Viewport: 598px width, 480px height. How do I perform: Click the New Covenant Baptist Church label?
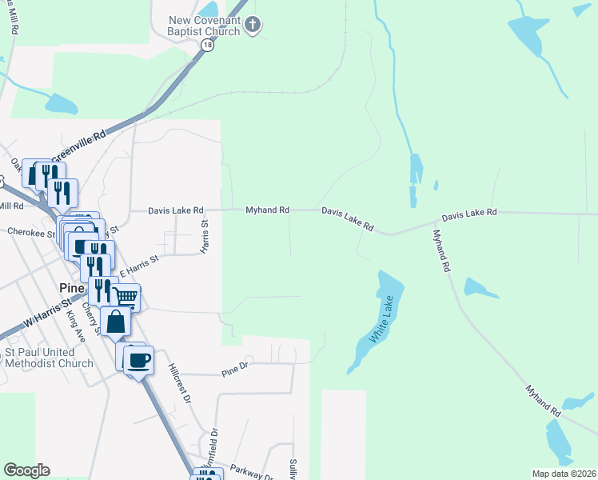205,26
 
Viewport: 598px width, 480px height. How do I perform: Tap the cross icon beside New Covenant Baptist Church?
253,26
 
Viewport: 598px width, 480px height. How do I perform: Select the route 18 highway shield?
209,46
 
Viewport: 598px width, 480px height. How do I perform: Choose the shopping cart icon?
126,297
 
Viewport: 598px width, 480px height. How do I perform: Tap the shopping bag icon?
115,322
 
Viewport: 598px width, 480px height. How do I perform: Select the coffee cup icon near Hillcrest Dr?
138,359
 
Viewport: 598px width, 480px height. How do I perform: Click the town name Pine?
72,287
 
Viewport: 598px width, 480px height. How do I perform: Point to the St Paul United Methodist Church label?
50,358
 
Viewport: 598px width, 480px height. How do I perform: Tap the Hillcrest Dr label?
179,385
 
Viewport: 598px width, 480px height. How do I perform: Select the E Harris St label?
139,266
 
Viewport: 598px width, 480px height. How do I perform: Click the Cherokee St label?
30,232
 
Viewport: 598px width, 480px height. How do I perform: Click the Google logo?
26,470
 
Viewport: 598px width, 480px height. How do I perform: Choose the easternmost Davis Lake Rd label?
469,214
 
